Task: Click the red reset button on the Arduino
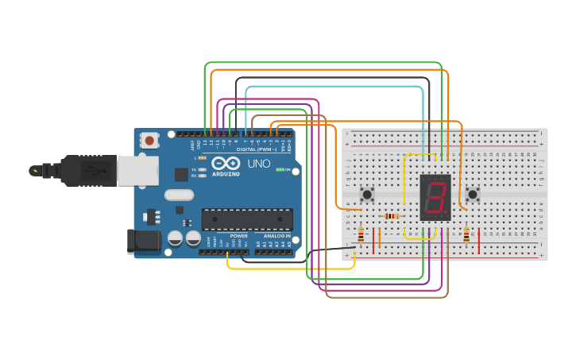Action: click(x=149, y=141)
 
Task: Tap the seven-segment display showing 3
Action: click(x=435, y=197)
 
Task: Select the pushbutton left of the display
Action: click(x=367, y=194)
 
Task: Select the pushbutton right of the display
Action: click(x=473, y=194)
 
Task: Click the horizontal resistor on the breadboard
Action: click(x=392, y=216)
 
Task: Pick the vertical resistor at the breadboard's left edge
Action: click(x=361, y=235)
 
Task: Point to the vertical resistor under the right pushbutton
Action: click(x=466, y=234)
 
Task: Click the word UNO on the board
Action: click(x=259, y=164)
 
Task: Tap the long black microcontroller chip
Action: click(x=247, y=219)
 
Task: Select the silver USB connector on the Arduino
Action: click(x=137, y=170)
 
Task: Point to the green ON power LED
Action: click(x=280, y=169)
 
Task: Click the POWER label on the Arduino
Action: click(x=238, y=236)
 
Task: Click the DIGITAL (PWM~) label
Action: click(x=257, y=149)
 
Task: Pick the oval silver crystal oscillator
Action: click(x=179, y=195)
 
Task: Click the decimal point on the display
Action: click(x=446, y=213)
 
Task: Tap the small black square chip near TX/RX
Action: click(x=181, y=174)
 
